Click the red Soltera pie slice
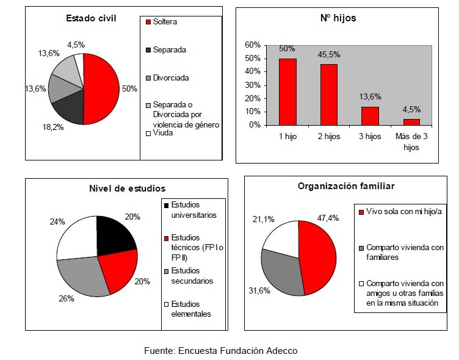pos(101,88)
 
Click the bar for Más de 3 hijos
pos(412,121)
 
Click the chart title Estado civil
pos(91,18)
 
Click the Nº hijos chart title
pos(337,18)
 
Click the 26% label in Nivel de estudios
pos(67,298)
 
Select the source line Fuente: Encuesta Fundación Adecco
pos(220,350)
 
